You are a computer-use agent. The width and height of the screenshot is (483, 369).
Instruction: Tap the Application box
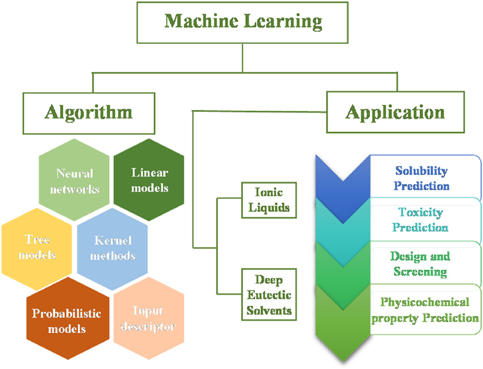point(395,111)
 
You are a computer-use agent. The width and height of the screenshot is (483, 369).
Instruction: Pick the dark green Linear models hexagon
point(149,180)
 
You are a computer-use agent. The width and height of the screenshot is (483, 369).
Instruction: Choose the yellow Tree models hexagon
point(37,248)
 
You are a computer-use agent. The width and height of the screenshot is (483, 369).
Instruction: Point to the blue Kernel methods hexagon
point(112,247)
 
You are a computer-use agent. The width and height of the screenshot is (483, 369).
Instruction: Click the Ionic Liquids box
point(269,200)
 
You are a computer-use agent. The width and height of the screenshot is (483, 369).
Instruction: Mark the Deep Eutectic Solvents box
point(269,294)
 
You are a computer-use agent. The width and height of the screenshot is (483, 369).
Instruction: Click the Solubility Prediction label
point(421,178)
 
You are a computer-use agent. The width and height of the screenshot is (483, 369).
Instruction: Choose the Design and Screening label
point(420,264)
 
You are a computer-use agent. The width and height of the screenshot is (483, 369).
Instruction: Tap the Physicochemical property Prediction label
point(425,309)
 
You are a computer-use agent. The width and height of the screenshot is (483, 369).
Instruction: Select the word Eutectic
point(269,294)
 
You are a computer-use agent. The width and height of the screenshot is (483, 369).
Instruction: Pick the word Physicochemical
point(425,302)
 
